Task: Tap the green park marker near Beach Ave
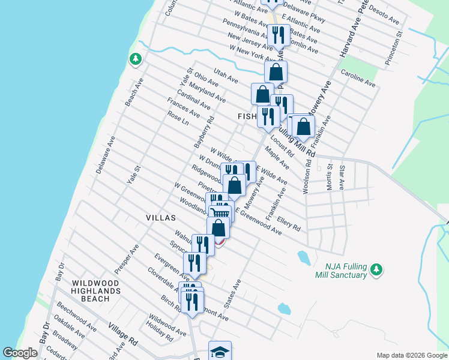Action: point(136,59)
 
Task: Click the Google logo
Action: point(20,353)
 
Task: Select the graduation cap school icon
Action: point(220,352)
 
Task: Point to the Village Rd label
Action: point(122,334)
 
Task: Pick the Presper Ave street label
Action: point(127,258)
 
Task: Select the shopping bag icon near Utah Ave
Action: point(276,72)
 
